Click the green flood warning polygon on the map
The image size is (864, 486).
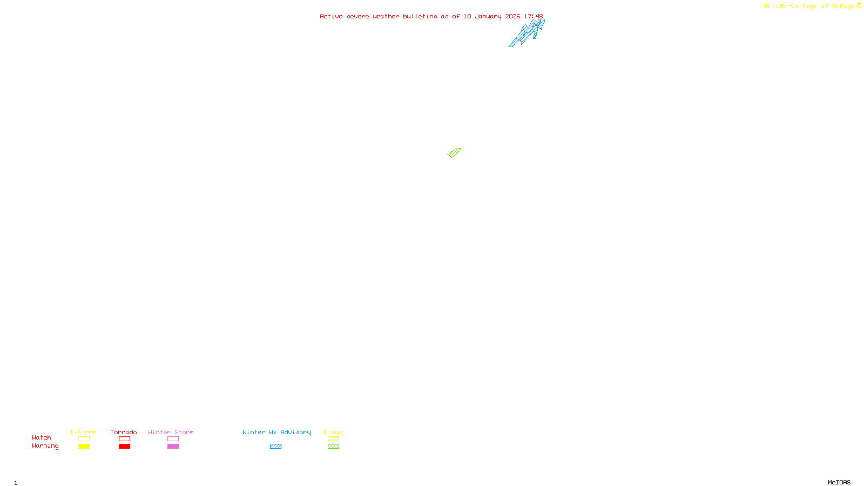(x=455, y=153)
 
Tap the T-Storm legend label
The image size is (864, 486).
(x=83, y=432)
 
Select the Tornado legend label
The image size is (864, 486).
(x=124, y=432)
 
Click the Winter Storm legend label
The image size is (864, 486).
(x=171, y=432)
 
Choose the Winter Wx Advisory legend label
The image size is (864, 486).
(x=276, y=432)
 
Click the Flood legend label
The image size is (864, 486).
(x=333, y=432)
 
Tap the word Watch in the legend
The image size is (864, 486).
(x=42, y=437)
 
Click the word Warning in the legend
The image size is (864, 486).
(x=45, y=446)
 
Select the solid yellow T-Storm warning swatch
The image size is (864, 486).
(x=84, y=447)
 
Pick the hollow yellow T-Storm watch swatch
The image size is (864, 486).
(x=84, y=439)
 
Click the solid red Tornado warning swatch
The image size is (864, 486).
(x=125, y=447)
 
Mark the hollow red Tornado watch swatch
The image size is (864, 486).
(x=125, y=439)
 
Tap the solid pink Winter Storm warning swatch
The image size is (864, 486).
(x=173, y=447)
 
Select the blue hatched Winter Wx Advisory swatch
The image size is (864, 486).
(x=275, y=447)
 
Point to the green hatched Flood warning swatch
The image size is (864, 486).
(x=333, y=447)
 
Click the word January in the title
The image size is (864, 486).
(x=488, y=17)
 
